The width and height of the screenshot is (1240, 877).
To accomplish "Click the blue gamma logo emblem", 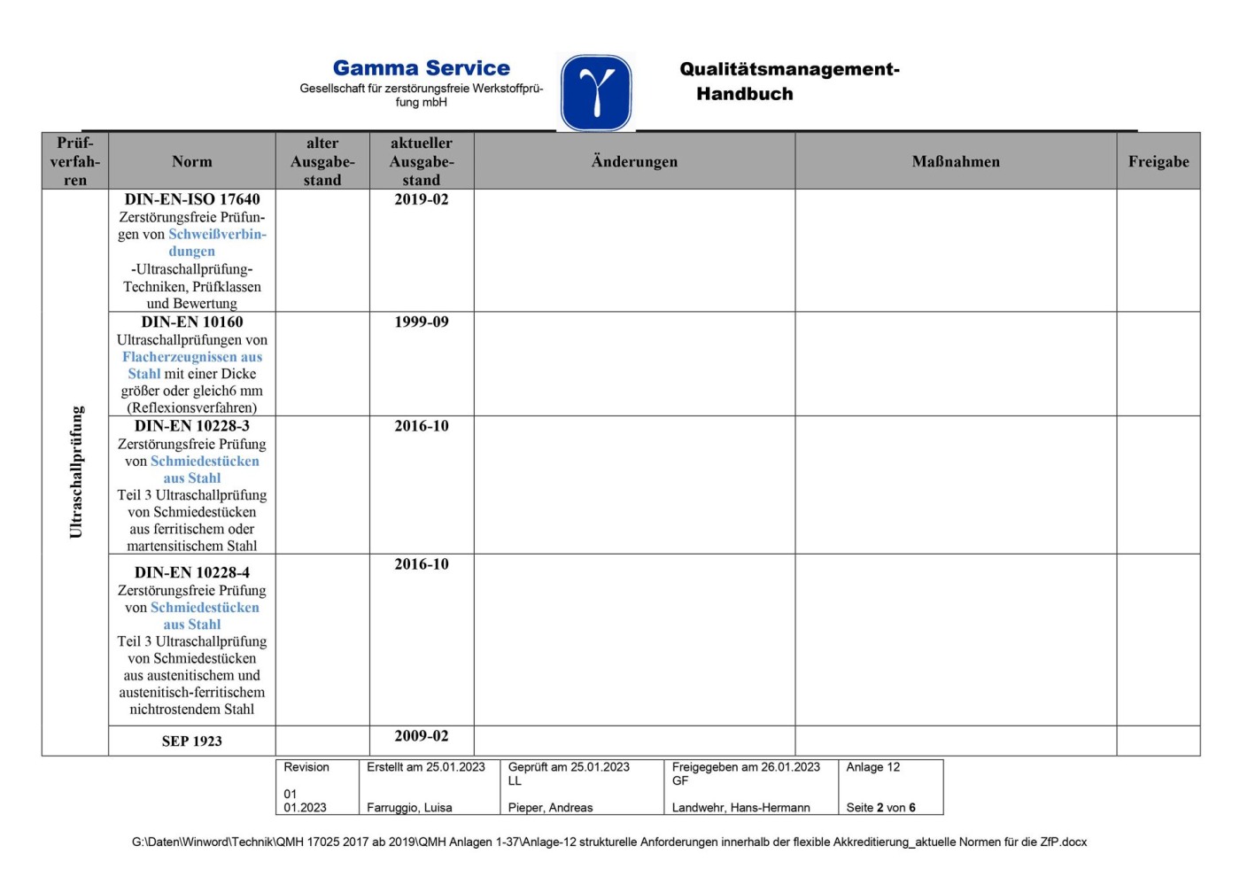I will click(596, 92).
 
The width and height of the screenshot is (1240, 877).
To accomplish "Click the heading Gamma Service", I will click(421, 68).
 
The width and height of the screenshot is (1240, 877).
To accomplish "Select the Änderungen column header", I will click(634, 161).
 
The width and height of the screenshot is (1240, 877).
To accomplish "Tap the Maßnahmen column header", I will click(956, 161).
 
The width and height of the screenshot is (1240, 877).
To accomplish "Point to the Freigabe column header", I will click(1158, 161).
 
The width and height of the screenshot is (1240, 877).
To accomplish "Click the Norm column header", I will click(192, 161).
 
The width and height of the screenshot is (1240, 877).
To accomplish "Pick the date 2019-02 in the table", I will click(422, 199).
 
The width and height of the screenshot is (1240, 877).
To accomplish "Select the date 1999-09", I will click(422, 322).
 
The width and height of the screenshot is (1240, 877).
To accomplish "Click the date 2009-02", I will click(422, 736).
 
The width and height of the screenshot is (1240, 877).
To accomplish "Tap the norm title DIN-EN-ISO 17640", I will click(192, 199).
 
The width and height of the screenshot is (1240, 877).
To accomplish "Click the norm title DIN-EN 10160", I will click(192, 322).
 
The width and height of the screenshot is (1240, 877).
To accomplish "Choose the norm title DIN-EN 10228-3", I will click(192, 426).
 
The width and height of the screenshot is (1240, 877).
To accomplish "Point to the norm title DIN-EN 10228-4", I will click(192, 572).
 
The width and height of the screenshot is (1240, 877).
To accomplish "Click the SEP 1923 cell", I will click(192, 741).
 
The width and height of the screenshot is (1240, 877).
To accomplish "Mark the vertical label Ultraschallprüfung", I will click(76, 472).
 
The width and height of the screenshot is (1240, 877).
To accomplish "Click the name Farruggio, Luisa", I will click(409, 808).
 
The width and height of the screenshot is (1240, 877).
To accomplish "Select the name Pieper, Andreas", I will click(550, 808).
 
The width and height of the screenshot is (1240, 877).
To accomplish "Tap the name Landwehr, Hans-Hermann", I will click(740, 808).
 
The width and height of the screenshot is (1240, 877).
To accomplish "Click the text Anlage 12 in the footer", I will click(872, 767).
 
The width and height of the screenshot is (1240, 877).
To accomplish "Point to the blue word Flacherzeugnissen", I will click(180, 357).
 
